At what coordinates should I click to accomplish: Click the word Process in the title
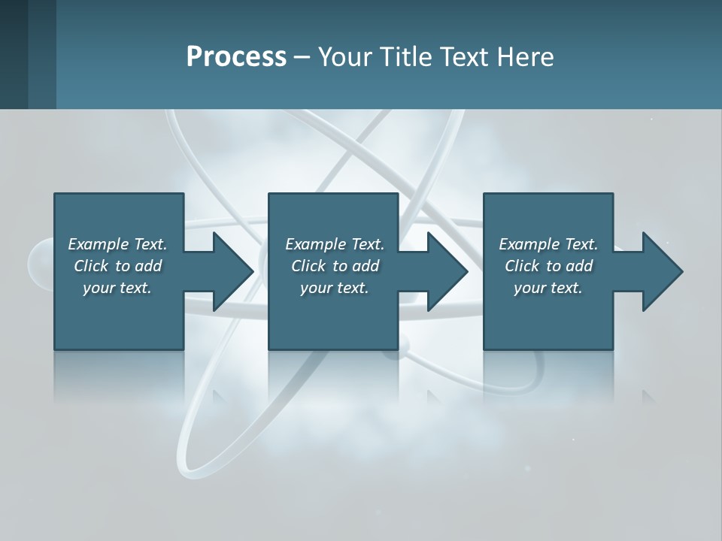(236, 57)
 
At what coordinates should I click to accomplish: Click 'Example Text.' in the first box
(117, 244)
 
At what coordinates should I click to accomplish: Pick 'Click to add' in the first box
(117, 266)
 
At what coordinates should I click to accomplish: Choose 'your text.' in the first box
(117, 288)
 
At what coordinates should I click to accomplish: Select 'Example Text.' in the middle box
(335, 244)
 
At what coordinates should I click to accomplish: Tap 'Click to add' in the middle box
(335, 266)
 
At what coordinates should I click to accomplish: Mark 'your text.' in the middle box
(335, 288)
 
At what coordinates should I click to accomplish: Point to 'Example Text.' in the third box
(548, 244)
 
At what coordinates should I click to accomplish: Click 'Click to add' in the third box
(548, 266)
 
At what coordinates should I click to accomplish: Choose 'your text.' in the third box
(548, 288)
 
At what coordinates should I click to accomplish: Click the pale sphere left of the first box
(40, 263)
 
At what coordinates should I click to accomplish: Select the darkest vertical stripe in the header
(14, 54)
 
